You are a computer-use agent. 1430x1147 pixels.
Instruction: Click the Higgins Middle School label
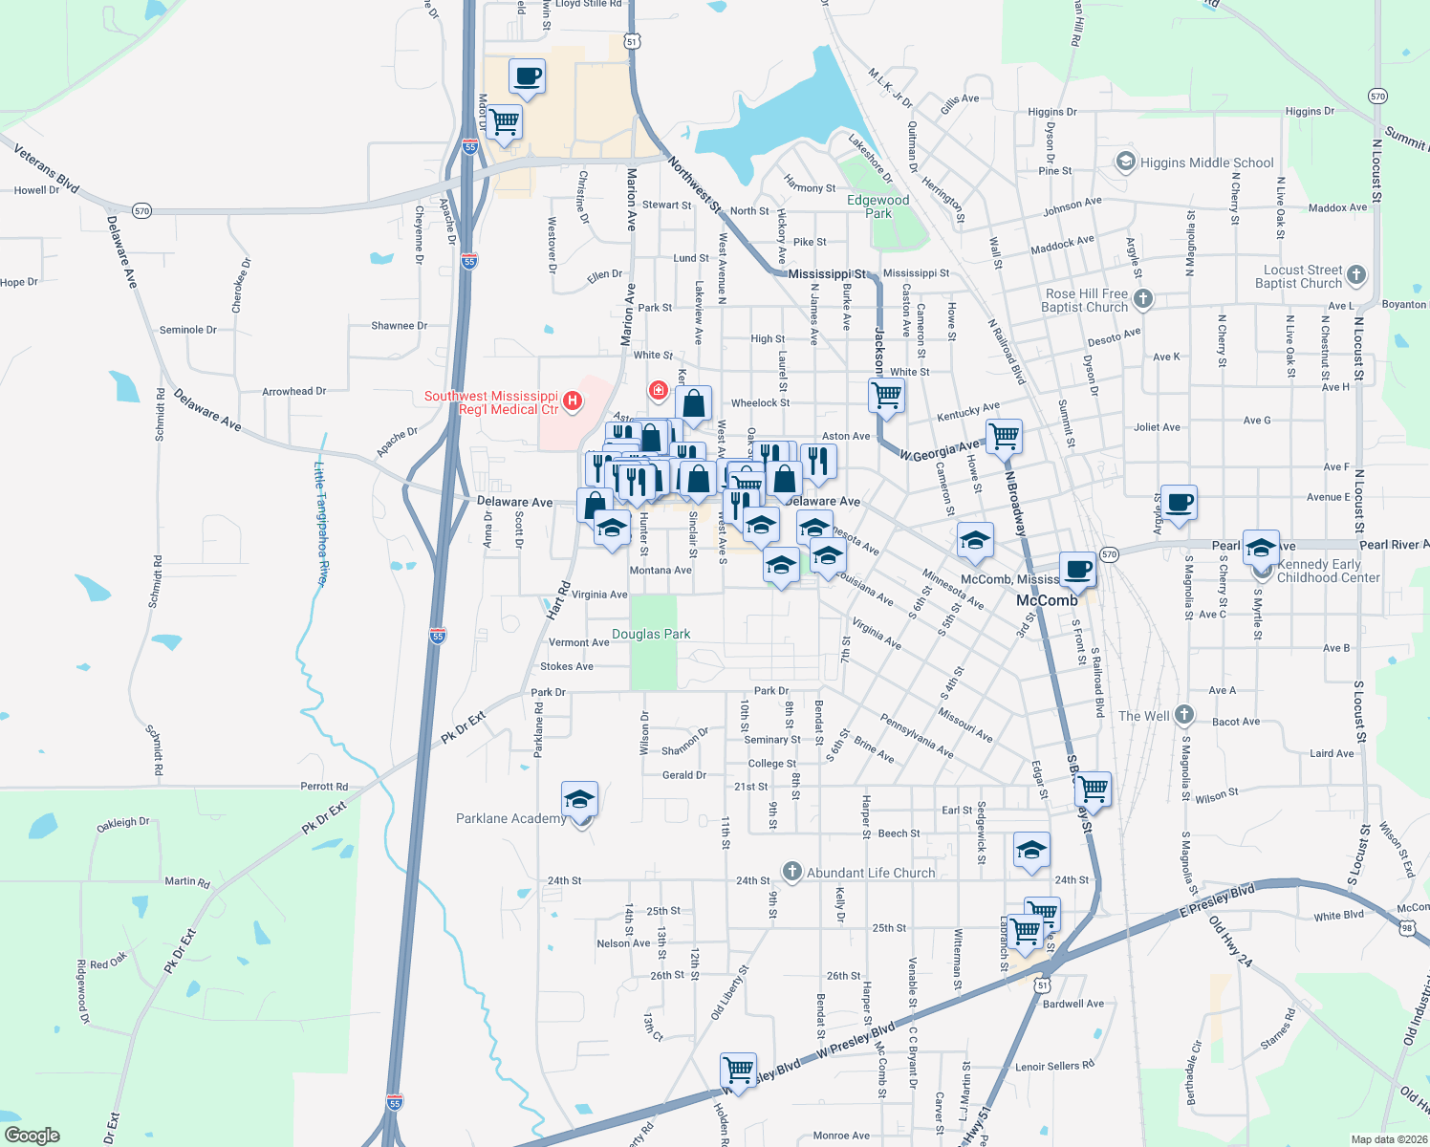1206,162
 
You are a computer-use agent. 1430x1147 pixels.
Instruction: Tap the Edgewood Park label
877,206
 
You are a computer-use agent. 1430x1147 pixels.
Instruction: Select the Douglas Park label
651,634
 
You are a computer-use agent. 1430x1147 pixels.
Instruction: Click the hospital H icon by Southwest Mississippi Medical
572,400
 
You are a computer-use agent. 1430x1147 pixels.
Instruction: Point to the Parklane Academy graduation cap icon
579,800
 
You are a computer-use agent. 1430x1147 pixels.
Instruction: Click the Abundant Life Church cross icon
791,871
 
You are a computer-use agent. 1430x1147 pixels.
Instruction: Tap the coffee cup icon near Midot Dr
527,76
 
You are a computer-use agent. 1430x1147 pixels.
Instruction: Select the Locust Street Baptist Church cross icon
1355,276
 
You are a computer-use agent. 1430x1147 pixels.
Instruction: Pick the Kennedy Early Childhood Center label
1328,571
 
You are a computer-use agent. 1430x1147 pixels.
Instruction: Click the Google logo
32,1136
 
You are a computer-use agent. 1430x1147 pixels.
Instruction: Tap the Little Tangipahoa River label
321,523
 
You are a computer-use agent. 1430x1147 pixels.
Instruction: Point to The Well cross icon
1183,714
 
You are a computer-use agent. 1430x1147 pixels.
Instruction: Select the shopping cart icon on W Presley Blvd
738,1070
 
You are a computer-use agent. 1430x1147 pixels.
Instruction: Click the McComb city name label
1047,600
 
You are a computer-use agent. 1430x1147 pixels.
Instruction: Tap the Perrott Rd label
324,787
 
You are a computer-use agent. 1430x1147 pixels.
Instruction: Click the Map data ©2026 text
1388,1139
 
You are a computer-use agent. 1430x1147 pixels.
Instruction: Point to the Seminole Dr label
187,330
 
